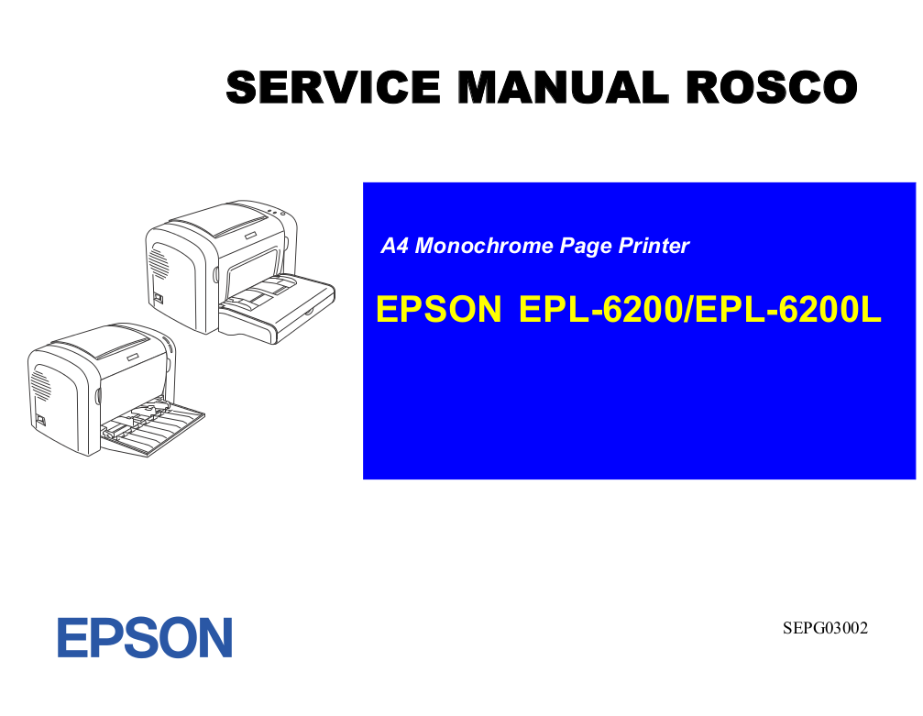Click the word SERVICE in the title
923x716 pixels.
point(333,87)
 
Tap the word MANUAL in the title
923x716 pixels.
point(564,87)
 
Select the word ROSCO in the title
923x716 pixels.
point(772,87)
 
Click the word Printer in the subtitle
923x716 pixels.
point(654,246)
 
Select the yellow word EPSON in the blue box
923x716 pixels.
point(438,309)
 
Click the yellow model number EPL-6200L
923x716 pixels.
point(788,309)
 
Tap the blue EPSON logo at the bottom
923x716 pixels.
point(145,638)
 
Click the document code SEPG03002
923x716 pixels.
point(825,628)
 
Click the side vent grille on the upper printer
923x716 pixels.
point(159,262)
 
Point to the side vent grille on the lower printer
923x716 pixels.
point(41,383)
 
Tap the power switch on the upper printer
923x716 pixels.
point(158,298)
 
